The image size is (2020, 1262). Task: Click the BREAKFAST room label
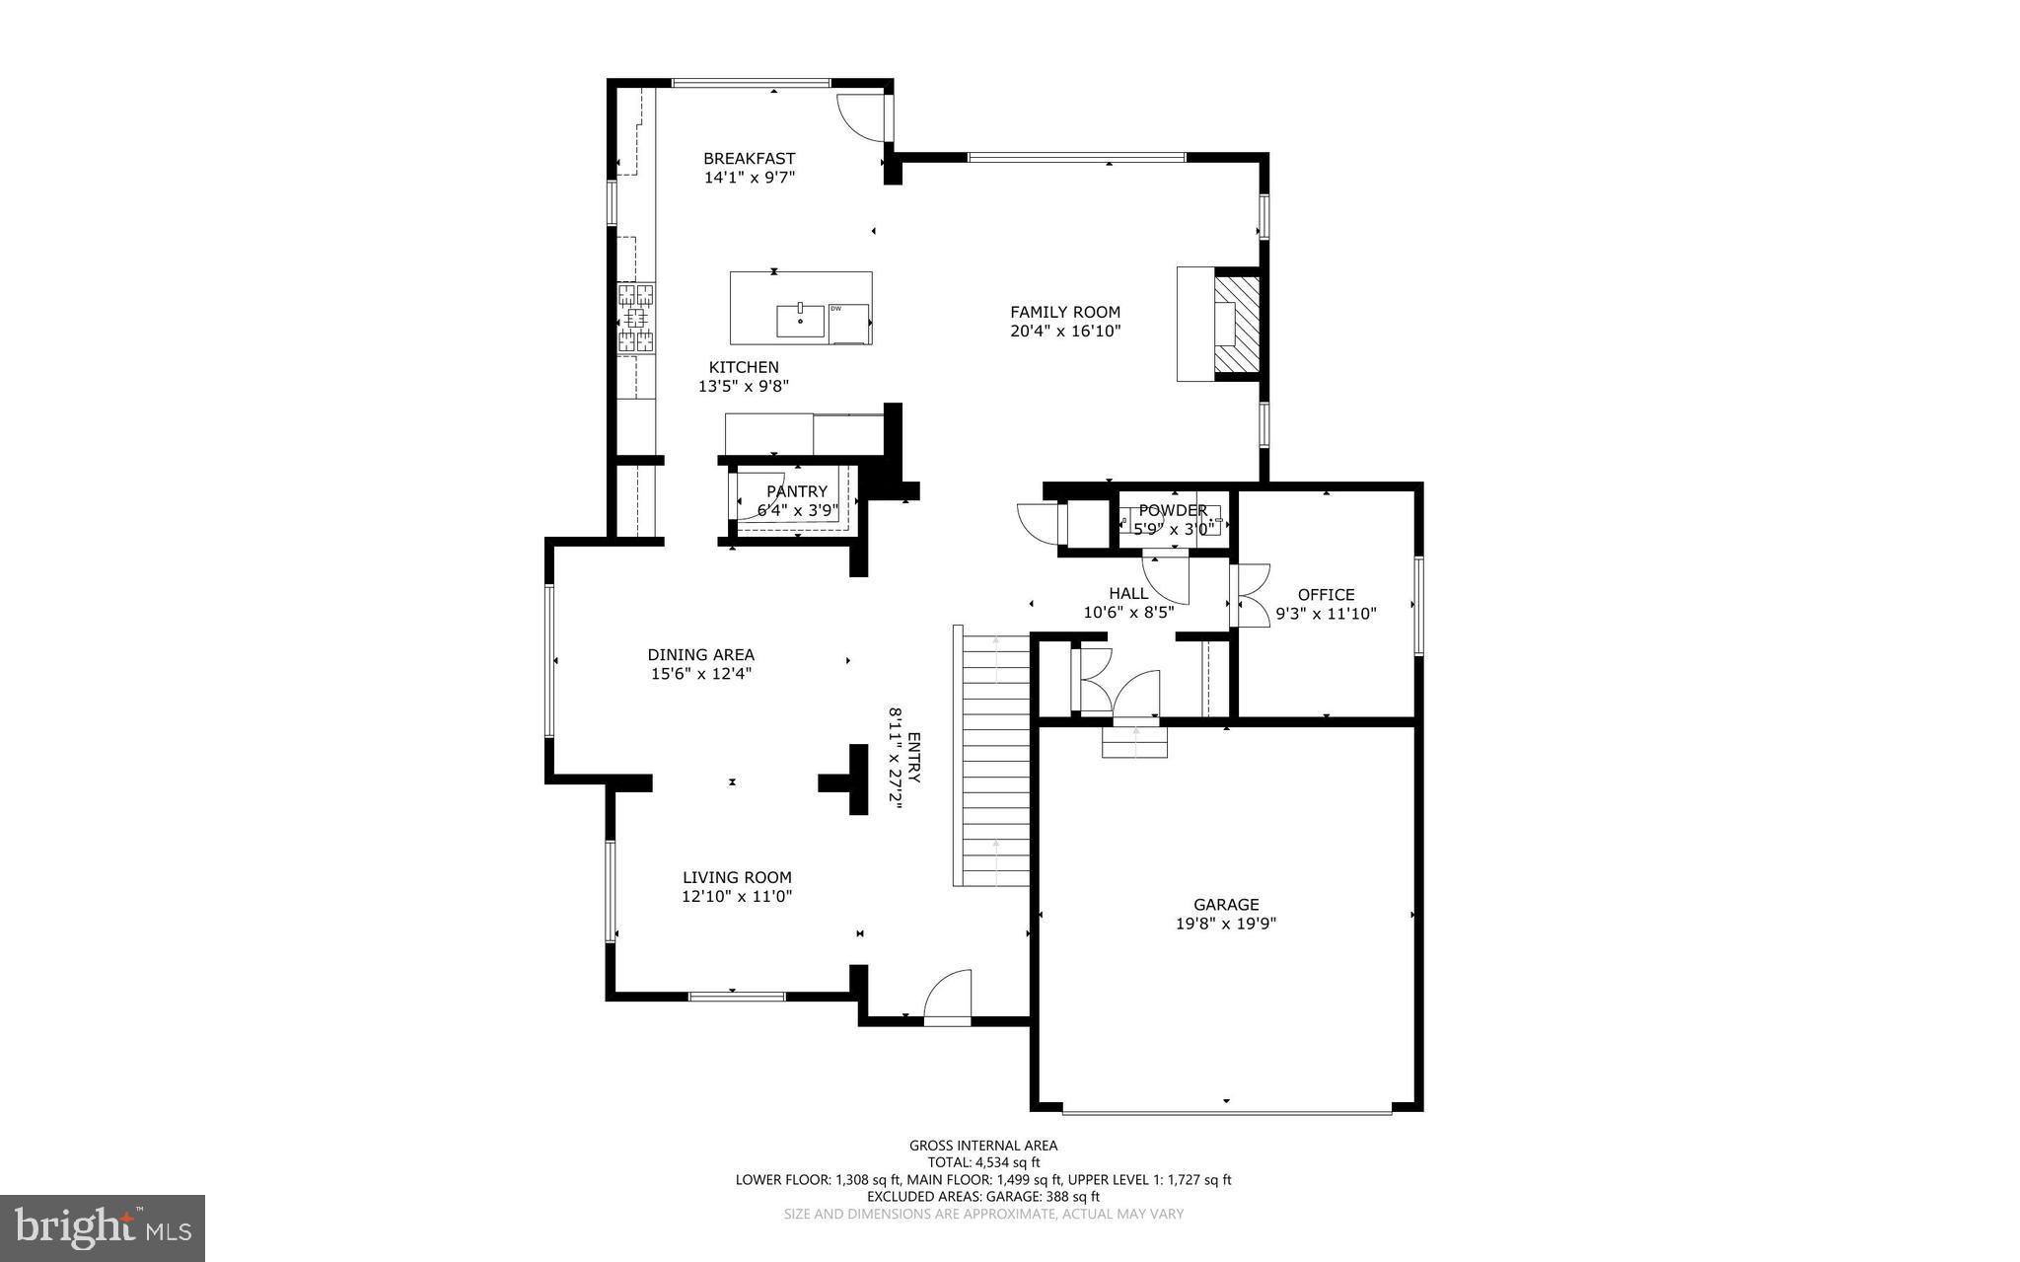(749, 159)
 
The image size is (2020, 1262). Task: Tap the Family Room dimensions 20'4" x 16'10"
(1065, 332)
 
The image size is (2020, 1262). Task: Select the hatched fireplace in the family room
(1237, 324)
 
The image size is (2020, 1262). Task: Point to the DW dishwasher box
(849, 324)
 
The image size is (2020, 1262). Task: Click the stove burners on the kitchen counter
(636, 318)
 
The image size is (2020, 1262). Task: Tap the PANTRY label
(797, 491)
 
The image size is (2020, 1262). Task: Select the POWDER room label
(1173, 510)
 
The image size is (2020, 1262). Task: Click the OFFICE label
(1326, 594)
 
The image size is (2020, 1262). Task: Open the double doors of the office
(1252, 595)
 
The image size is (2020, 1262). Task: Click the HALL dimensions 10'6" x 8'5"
(1128, 612)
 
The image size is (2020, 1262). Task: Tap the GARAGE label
(1226, 904)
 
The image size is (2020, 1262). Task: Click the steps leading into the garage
(1134, 741)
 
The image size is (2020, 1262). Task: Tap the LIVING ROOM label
(737, 877)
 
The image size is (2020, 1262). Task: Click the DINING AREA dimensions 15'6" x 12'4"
(700, 674)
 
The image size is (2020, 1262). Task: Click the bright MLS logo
(103, 1227)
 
